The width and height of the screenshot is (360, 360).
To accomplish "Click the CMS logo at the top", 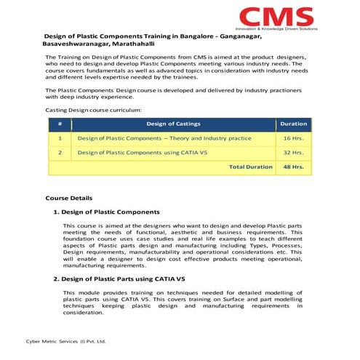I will (277, 16).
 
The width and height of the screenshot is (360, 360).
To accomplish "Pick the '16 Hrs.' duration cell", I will (293, 138).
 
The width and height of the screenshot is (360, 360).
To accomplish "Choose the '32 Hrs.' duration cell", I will (293, 153).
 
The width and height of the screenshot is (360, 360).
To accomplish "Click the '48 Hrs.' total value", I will (293, 167).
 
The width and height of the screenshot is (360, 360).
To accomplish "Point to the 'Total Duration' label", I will (250, 167).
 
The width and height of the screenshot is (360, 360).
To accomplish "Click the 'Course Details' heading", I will (68, 198).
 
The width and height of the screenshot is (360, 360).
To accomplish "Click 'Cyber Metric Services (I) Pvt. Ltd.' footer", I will (66, 340).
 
